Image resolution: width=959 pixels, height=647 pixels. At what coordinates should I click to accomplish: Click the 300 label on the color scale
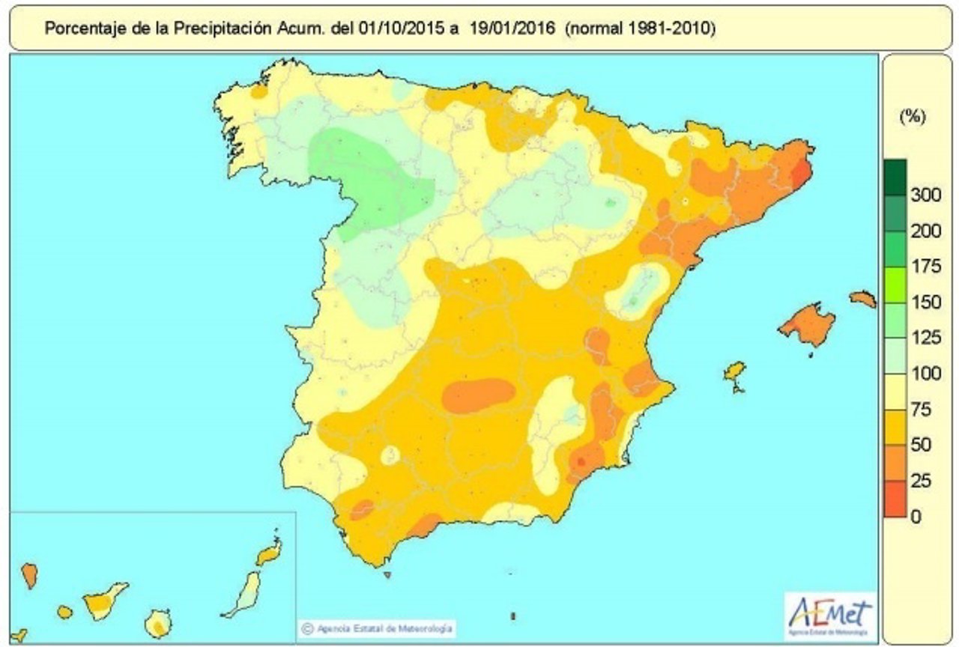[x=925, y=195]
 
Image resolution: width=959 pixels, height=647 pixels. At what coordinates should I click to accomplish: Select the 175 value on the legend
[x=925, y=267]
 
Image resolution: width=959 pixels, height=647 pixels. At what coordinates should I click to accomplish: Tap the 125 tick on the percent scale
[x=925, y=338]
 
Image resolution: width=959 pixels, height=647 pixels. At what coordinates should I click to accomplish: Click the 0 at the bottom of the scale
[x=916, y=516]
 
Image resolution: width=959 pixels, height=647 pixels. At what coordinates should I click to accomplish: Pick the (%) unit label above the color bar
[x=912, y=117]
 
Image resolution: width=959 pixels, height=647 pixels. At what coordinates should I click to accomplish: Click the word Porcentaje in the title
[x=80, y=29]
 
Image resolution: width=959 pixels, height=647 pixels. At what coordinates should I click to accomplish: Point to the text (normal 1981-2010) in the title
[x=641, y=29]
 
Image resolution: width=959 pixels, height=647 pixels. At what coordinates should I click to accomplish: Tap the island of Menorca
[x=862, y=299]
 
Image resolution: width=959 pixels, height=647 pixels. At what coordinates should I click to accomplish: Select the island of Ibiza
[x=734, y=372]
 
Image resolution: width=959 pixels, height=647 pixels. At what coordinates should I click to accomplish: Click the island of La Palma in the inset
[x=29, y=575]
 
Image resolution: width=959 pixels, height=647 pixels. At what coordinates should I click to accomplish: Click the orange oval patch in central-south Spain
[x=478, y=395]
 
